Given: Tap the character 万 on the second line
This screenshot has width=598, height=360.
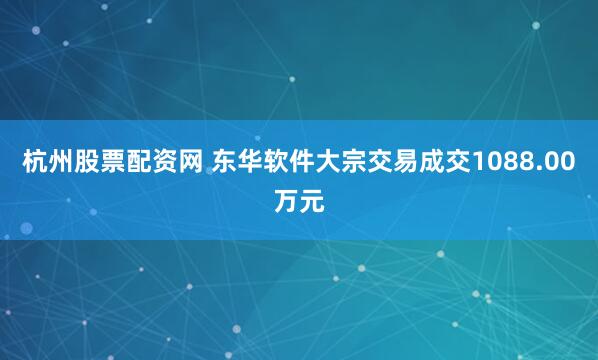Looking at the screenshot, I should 286,202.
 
